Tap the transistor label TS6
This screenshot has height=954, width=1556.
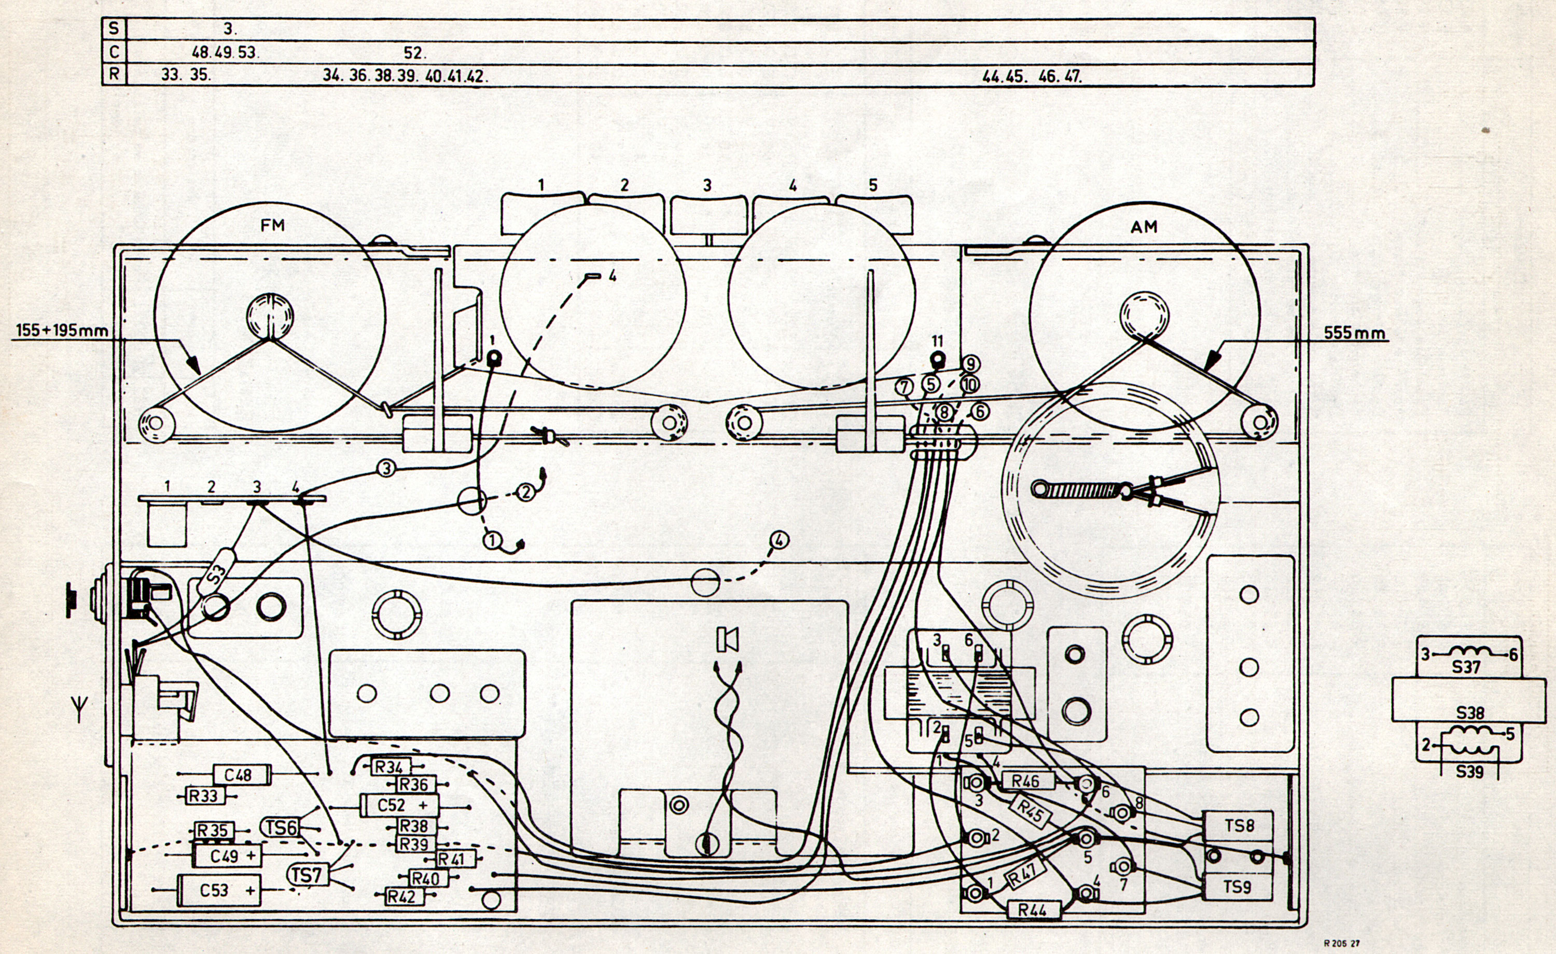281,827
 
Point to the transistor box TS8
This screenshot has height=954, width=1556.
1239,826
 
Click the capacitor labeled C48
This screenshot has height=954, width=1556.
238,774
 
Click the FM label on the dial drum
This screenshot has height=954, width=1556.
272,225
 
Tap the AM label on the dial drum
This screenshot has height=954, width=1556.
1144,227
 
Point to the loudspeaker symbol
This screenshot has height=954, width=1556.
728,639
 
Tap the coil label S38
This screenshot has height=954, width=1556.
1469,713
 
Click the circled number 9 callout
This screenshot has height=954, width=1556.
970,364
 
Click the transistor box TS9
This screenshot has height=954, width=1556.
1237,887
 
